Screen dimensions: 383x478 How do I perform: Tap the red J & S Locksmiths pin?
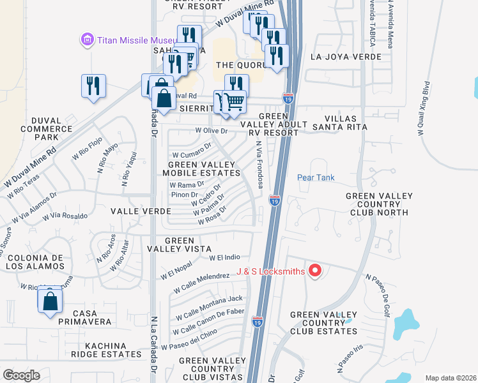coord(314,271)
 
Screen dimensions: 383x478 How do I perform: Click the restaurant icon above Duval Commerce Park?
coord(93,86)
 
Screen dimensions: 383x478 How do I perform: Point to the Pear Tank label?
coord(316,177)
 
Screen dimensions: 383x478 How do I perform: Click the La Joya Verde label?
coord(346,57)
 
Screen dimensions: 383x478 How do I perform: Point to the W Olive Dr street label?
coord(211,131)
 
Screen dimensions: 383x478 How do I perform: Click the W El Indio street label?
coord(224,257)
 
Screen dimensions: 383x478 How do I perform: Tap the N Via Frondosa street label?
coord(259,165)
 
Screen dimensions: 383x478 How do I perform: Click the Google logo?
coord(21,375)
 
